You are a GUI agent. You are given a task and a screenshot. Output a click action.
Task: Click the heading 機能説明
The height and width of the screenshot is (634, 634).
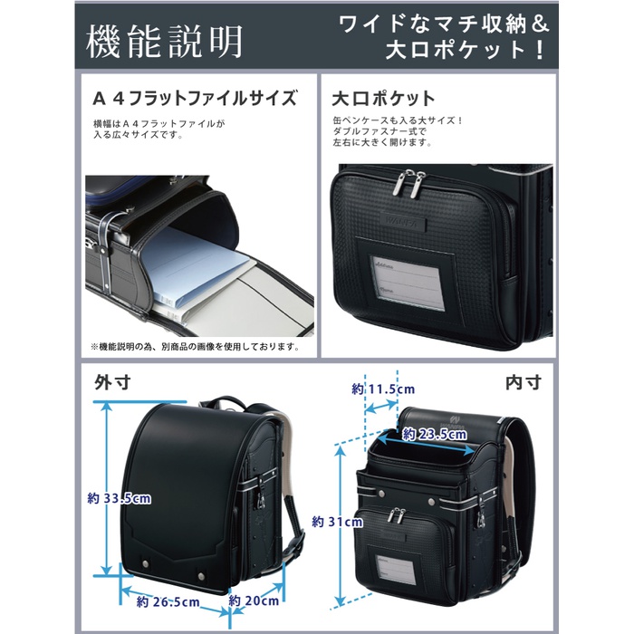(164, 41)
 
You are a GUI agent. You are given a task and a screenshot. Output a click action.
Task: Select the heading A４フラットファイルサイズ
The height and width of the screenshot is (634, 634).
(195, 98)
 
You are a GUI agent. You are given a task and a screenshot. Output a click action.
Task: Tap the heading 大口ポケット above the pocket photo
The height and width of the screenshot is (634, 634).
(383, 99)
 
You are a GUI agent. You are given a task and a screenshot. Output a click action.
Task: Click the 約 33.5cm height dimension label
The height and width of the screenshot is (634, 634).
(120, 498)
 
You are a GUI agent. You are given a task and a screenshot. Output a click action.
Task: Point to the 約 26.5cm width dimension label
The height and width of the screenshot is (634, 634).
(168, 601)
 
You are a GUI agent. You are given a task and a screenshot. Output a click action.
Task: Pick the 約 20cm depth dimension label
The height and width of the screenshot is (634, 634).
(254, 600)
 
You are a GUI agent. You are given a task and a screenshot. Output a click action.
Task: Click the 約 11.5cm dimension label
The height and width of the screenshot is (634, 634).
(383, 389)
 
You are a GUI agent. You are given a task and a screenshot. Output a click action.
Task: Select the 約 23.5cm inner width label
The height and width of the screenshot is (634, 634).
(435, 435)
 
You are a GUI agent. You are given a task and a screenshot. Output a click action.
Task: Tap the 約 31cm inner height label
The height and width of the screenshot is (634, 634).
(337, 522)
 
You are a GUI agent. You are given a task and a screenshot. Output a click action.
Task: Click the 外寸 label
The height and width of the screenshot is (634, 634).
(112, 382)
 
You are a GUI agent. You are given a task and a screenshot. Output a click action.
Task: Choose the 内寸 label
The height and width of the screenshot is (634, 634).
(524, 382)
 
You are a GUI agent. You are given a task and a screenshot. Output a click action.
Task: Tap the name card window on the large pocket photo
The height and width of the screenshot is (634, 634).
(408, 283)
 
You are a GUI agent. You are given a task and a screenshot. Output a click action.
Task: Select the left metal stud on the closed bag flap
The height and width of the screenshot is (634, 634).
(145, 563)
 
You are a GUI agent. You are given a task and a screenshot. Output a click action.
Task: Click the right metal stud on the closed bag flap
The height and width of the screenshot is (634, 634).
(201, 576)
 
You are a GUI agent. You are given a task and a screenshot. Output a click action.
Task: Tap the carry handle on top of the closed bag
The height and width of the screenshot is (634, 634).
(226, 403)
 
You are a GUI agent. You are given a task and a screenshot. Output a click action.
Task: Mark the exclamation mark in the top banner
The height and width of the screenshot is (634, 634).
(540, 51)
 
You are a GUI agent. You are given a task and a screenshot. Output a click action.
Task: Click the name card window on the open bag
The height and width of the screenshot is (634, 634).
(397, 570)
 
